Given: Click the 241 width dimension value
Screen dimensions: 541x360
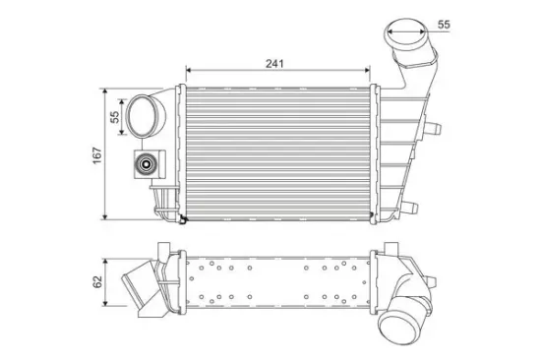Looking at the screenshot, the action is [x=274, y=64].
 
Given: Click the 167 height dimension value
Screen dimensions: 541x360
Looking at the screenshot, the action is [x=97, y=155].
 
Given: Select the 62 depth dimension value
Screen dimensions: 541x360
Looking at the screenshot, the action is [x=98, y=281].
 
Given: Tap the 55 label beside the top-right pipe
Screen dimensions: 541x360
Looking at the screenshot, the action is [x=444, y=25].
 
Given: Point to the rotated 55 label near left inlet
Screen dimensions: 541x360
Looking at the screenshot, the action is [x=114, y=117].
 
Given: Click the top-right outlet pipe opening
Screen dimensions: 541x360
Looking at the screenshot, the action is [x=405, y=32].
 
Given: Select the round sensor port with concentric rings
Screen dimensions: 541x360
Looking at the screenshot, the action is [x=147, y=164].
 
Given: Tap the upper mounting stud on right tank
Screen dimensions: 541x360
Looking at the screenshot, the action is [x=434, y=129].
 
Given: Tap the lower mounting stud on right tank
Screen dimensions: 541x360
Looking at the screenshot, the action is [x=410, y=208].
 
